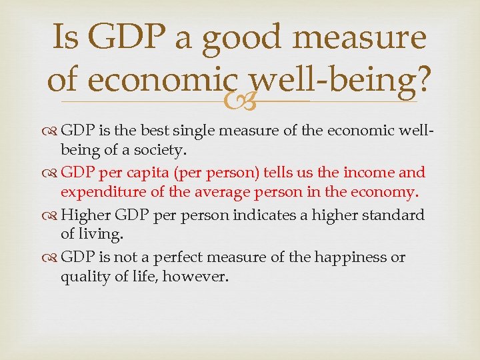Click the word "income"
(x=368, y=173)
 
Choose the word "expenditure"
(x=103, y=193)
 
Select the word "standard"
(x=395, y=215)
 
